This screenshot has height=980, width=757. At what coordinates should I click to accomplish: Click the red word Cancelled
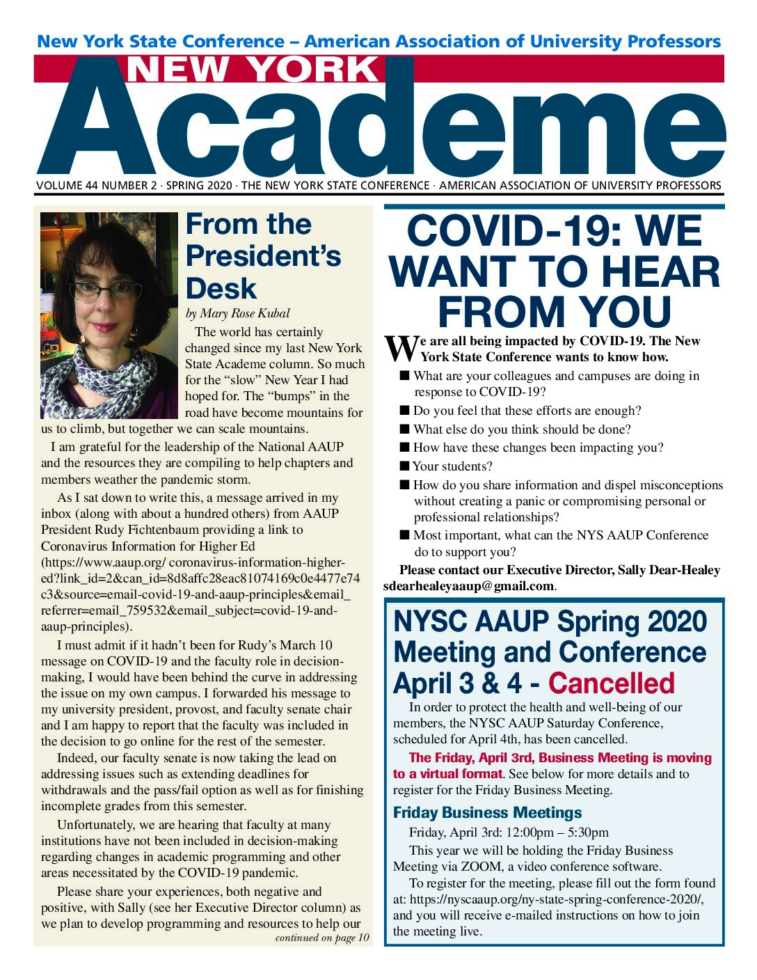click(611, 683)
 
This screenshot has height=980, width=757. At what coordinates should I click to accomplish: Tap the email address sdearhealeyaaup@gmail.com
click(468, 586)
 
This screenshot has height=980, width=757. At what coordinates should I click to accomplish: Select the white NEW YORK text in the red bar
click(253, 70)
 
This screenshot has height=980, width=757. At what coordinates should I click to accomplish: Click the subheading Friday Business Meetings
click(487, 813)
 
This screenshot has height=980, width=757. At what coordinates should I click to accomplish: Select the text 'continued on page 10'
click(322, 938)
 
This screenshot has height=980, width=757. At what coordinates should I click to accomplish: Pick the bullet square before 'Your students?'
click(405, 466)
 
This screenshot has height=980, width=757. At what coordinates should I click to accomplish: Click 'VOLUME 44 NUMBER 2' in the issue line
click(97, 186)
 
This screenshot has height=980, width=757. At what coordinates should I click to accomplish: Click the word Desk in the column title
click(221, 288)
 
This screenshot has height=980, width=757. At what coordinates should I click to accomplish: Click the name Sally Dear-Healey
click(669, 570)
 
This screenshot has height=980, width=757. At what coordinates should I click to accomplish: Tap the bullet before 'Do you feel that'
click(405, 411)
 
